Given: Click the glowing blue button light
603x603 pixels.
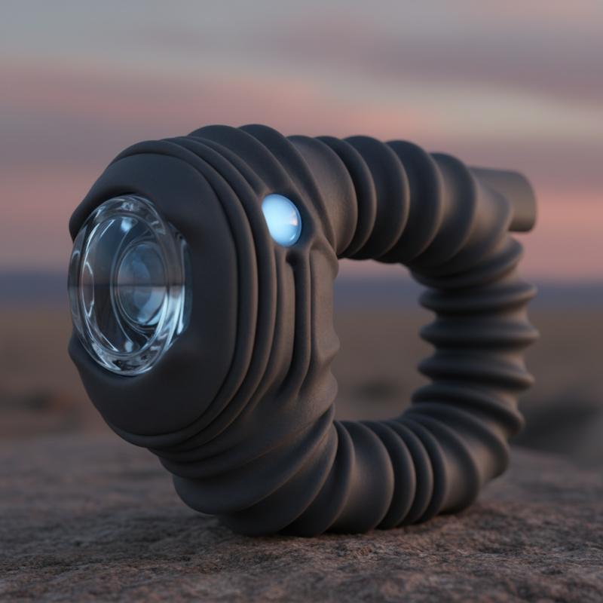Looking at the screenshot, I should pyautogui.click(x=281, y=219).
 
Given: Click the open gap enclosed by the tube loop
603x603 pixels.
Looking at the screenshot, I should pyautogui.click(x=377, y=339).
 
